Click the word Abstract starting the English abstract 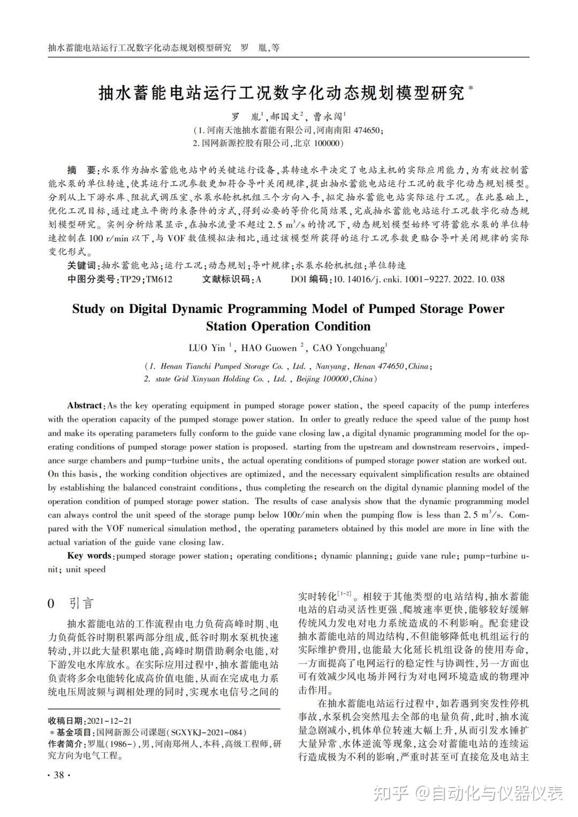(x=85, y=406)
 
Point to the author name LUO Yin (x=207, y=348)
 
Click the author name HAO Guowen (x=269, y=348)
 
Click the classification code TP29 (x=131, y=279)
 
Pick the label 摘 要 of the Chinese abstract (x=81, y=170)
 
